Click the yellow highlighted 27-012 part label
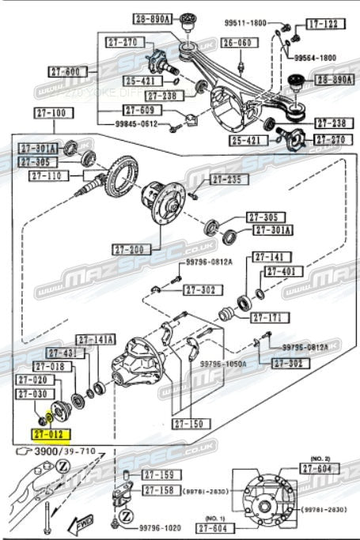(51, 434)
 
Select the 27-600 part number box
(63, 72)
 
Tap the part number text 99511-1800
(247, 24)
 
